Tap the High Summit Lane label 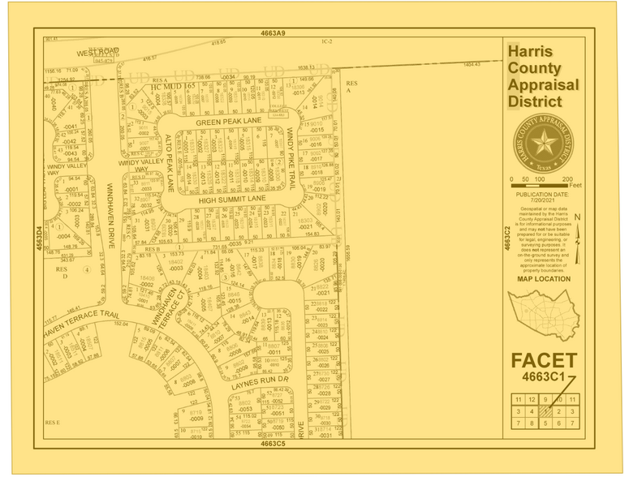coord(232,199)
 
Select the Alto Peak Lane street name coord(170,163)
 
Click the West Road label coord(98,52)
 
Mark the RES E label coord(53,422)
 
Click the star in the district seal coord(543,142)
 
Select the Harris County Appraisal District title coord(543,76)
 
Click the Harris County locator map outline coord(542,312)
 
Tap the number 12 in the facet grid coord(531,400)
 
